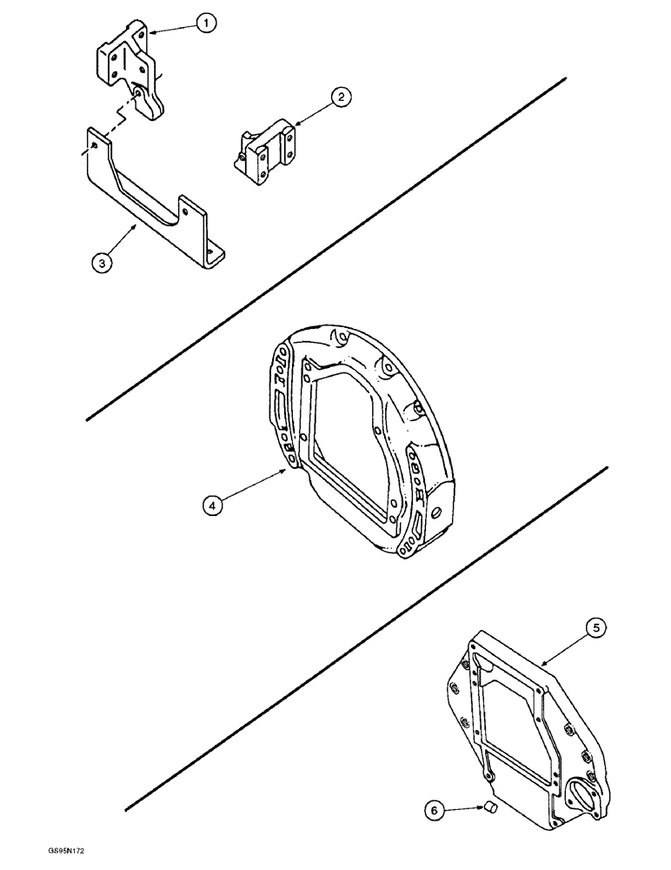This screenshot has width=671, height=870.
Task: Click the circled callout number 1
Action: [x=205, y=25]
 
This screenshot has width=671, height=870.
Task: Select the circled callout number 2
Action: [x=341, y=97]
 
